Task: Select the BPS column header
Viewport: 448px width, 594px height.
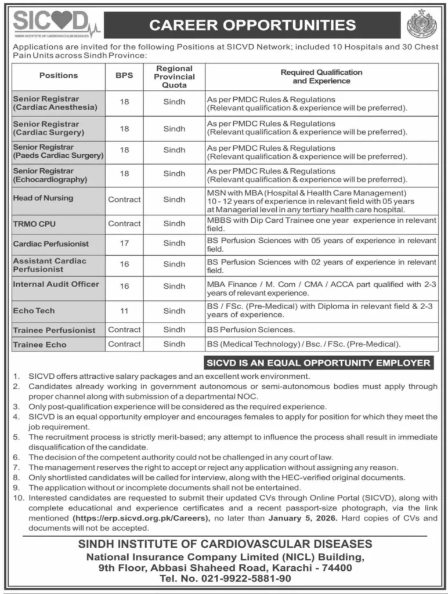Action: tap(124, 75)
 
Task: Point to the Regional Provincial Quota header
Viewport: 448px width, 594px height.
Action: tap(175, 76)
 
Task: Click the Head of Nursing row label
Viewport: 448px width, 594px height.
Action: tap(43, 198)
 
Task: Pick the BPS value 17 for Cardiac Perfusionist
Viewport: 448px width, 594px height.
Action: tap(124, 244)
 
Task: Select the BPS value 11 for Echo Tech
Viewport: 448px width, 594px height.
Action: tap(124, 311)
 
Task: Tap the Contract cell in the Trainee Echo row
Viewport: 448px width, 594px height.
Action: tap(124, 345)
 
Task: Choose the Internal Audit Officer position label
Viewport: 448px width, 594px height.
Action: tap(56, 284)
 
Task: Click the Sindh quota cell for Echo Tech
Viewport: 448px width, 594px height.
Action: tap(174, 311)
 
